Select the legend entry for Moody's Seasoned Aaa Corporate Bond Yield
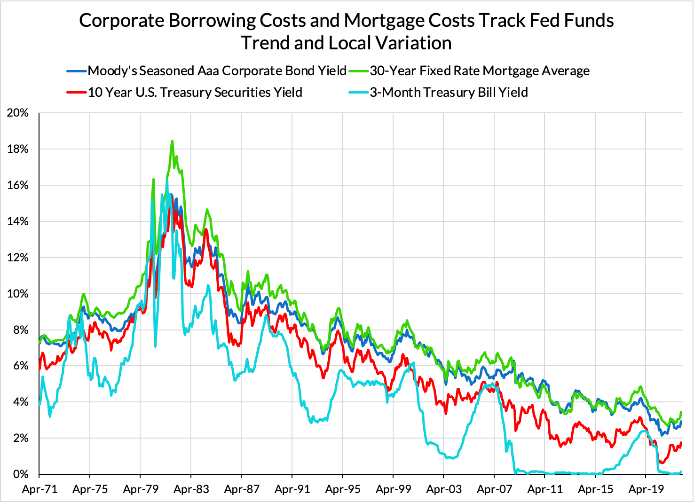(217, 71)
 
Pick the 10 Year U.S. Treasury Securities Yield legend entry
(195, 92)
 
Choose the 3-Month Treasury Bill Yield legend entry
(449, 92)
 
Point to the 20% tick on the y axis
(18, 113)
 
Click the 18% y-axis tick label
(18, 149)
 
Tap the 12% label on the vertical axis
(18, 258)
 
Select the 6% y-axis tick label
(18, 366)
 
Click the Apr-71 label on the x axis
(39, 489)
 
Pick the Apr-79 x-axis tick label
(141, 489)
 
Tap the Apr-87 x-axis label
(242, 489)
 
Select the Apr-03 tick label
(444, 489)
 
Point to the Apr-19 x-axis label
(646, 489)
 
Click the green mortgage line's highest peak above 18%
(172, 141)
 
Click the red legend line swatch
(77, 93)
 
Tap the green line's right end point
(681, 412)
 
